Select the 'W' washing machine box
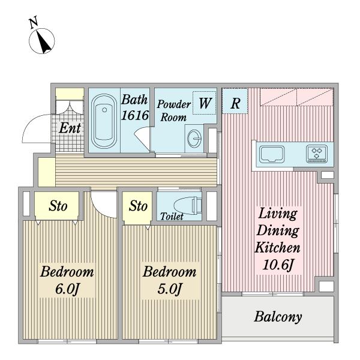[205, 103]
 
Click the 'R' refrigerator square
[235, 103]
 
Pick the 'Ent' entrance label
[70, 127]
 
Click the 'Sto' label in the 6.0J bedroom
[58, 207]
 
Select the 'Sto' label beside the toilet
[138, 207]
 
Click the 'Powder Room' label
[174, 110]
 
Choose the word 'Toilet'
[172, 216]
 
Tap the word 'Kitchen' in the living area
[278, 246]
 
